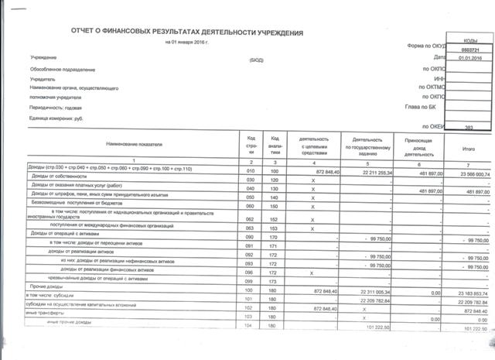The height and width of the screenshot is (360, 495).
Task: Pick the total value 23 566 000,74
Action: coord(467,174)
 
